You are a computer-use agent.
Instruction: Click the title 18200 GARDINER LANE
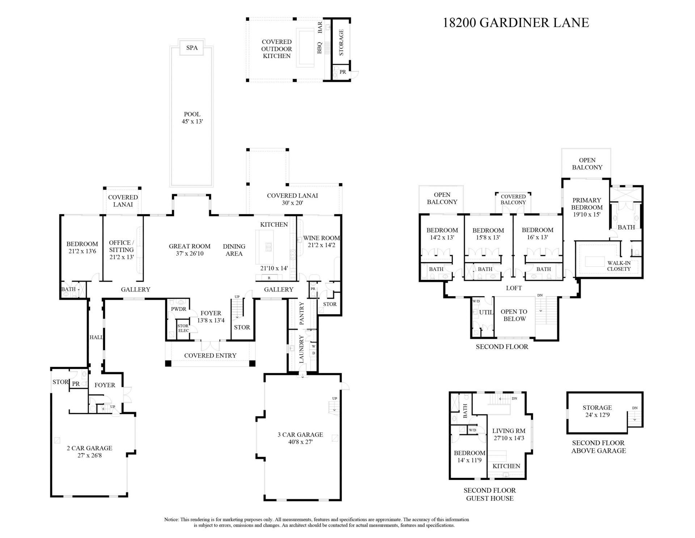pyautogui.click(x=516, y=22)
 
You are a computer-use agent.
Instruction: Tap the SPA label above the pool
pyautogui.click(x=192, y=48)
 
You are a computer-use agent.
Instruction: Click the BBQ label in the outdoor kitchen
pyautogui.click(x=320, y=47)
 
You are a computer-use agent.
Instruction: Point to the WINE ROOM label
pyautogui.click(x=321, y=238)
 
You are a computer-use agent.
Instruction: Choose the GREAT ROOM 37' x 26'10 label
pyautogui.click(x=190, y=250)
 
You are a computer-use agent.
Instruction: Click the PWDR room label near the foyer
pyautogui.click(x=178, y=309)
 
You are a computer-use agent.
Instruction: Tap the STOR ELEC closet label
pyautogui.click(x=183, y=328)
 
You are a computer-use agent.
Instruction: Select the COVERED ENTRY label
pyautogui.click(x=210, y=356)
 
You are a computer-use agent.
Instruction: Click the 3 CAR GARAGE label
pyautogui.click(x=300, y=435)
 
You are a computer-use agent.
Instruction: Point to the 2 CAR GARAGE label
pyautogui.click(x=89, y=448)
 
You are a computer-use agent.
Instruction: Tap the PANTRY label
pyautogui.click(x=302, y=314)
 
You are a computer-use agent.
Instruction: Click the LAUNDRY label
pyautogui.click(x=302, y=349)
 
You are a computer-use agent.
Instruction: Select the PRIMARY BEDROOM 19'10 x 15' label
pyautogui.click(x=587, y=207)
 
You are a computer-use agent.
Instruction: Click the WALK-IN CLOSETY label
pyautogui.click(x=619, y=266)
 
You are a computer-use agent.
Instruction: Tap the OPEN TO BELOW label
pyautogui.click(x=514, y=315)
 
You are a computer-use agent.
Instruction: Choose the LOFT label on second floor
pyautogui.click(x=514, y=288)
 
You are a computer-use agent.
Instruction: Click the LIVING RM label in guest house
pyautogui.click(x=509, y=431)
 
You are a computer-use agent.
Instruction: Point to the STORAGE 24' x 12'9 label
pyautogui.click(x=597, y=411)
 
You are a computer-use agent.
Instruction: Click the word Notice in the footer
pyautogui.click(x=172, y=520)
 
